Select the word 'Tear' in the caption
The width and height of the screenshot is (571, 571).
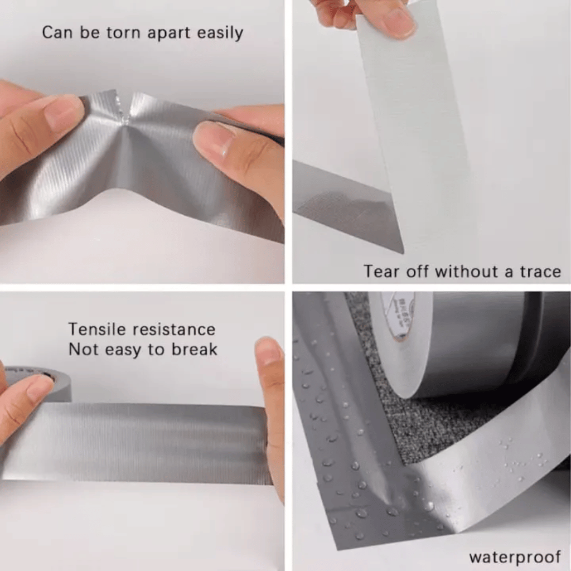(x=383, y=272)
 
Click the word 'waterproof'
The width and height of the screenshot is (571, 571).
(x=514, y=557)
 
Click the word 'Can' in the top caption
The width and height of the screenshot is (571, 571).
(x=56, y=32)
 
